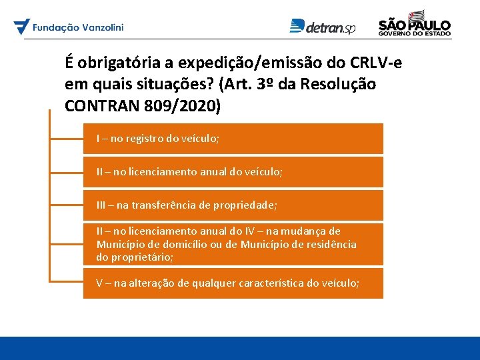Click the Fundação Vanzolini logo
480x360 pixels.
(69, 27)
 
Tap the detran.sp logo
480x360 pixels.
(323, 27)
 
